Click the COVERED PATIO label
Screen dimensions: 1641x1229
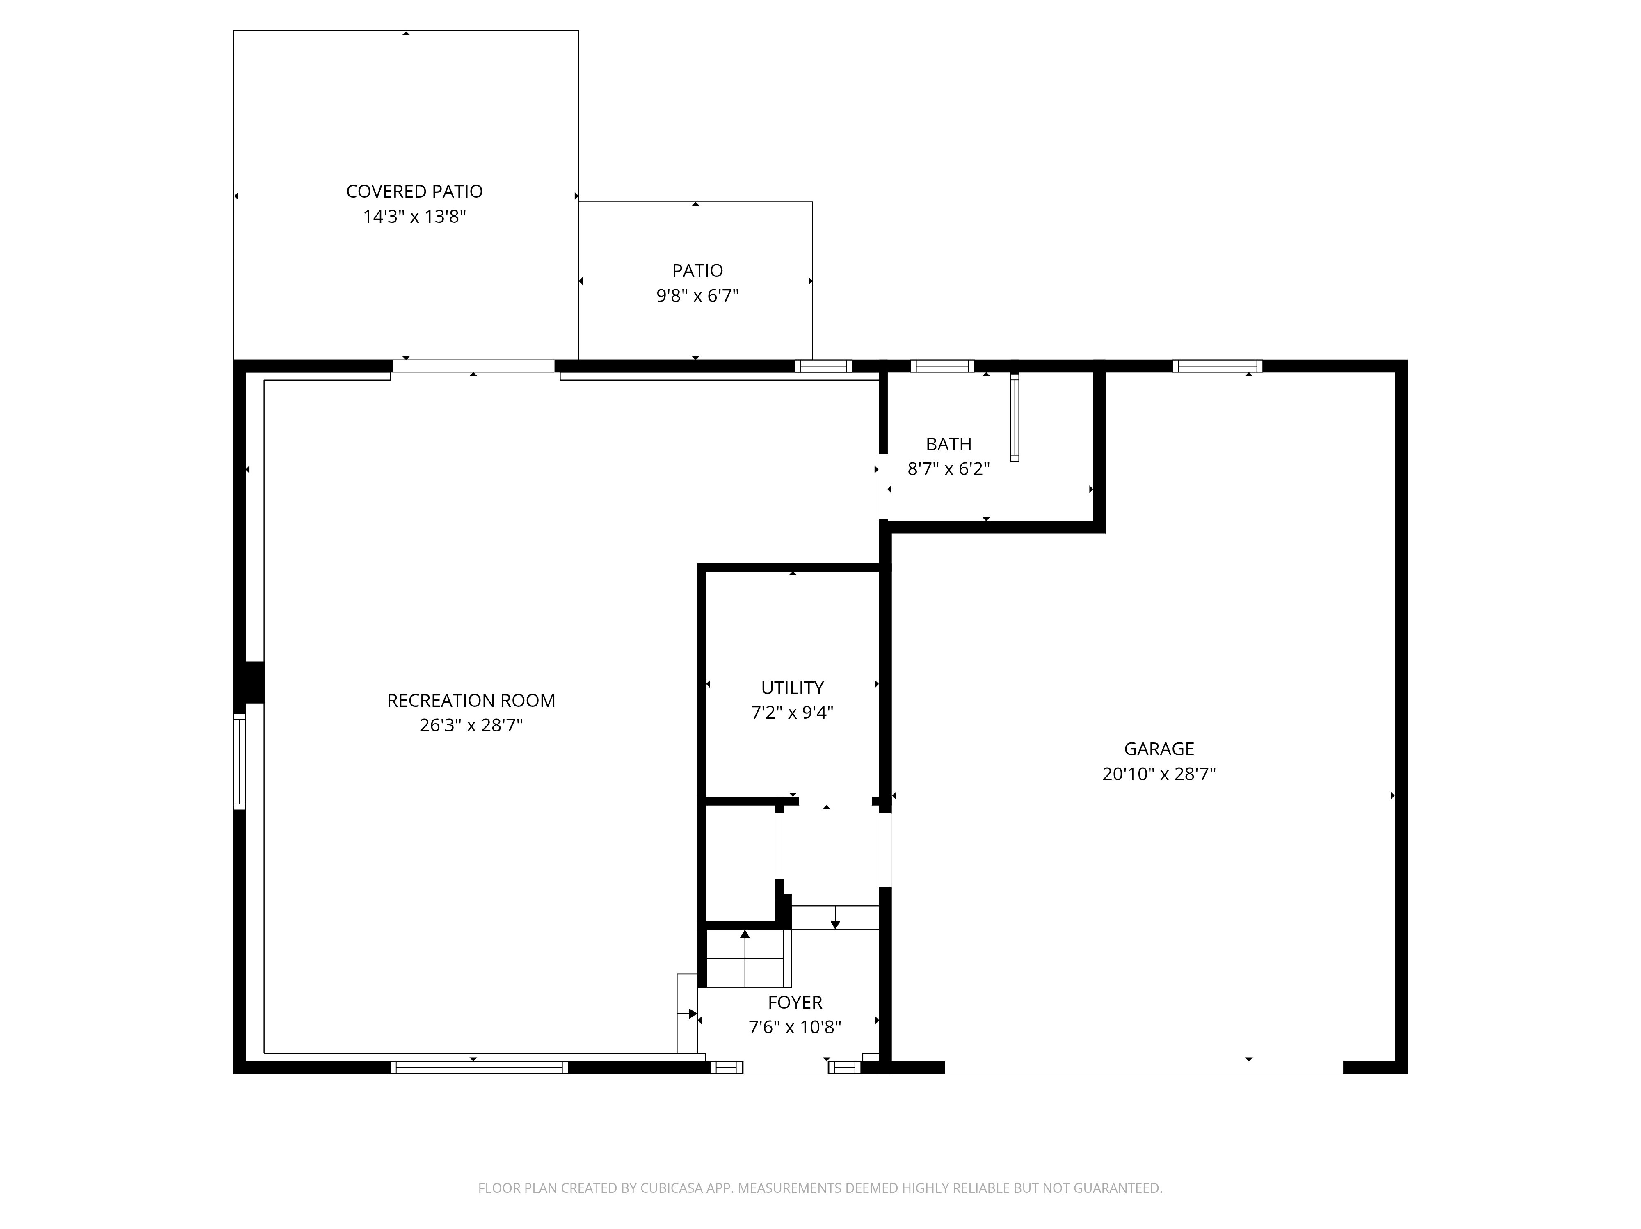click(414, 191)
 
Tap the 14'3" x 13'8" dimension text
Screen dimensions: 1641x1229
click(414, 217)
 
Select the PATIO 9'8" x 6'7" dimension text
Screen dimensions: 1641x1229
click(697, 296)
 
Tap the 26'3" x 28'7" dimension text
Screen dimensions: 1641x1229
click(471, 725)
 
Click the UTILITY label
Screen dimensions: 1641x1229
click(792, 688)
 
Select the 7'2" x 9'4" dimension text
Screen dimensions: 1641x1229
click(792, 713)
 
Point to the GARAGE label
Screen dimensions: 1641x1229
click(1159, 749)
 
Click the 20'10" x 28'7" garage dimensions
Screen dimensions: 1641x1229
click(1159, 774)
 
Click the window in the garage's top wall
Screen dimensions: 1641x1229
click(1217, 366)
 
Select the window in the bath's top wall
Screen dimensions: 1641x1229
click(942, 366)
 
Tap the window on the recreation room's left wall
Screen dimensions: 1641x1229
click(240, 761)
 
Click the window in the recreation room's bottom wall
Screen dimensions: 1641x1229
click(479, 1067)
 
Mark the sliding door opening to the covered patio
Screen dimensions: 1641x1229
click(473, 366)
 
